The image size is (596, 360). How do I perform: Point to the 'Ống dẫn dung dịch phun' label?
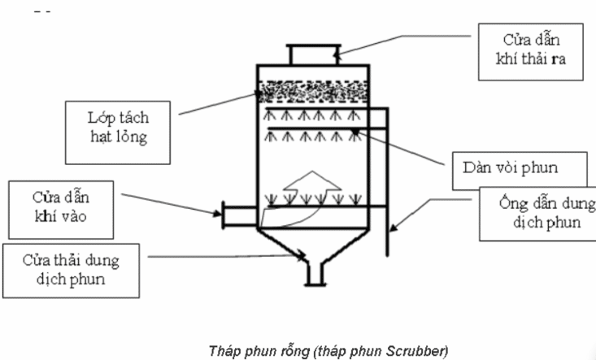(537, 212)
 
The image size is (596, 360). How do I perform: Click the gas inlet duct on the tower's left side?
(237, 217)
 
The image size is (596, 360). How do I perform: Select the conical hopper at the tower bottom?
(313, 244)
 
